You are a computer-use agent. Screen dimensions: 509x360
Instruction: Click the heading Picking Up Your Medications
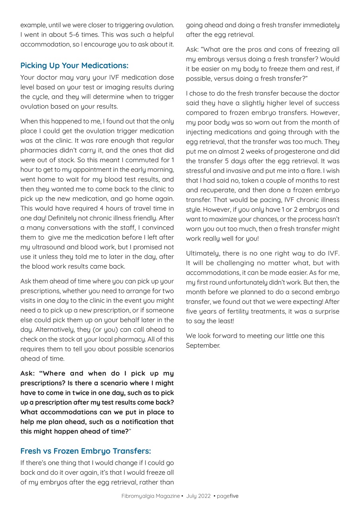click(x=74, y=65)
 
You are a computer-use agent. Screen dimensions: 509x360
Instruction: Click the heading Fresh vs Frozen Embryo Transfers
click(x=86, y=451)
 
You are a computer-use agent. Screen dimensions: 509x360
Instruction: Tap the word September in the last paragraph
click(x=203, y=346)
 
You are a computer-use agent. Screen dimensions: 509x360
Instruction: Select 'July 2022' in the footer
click(x=197, y=496)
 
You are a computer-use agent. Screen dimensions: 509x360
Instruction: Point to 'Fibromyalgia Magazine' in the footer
click(x=150, y=496)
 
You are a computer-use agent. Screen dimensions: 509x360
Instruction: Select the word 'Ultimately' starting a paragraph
click(x=202, y=253)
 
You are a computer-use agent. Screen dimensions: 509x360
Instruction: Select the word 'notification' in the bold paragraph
click(x=137, y=422)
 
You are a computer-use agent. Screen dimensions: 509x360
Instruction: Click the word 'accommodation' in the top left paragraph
click(x=45, y=44)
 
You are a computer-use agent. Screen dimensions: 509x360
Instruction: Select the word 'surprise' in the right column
click(x=326, y=311)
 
